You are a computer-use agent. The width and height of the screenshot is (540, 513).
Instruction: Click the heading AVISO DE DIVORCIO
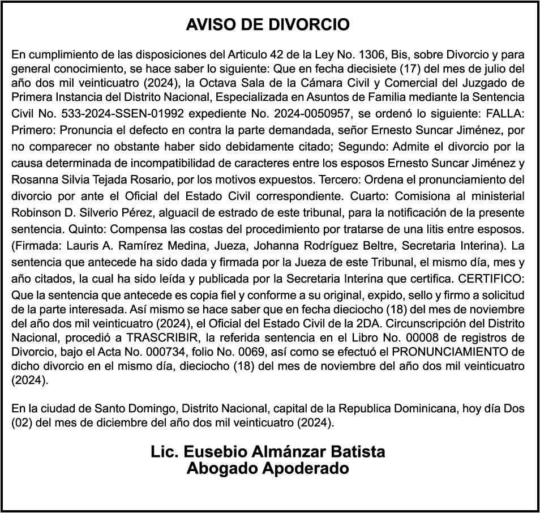coord(268,25)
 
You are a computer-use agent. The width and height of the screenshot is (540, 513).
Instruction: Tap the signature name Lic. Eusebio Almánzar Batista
coord(268,452)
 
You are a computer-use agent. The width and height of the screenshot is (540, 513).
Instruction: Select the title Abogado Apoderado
coord(268,469)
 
